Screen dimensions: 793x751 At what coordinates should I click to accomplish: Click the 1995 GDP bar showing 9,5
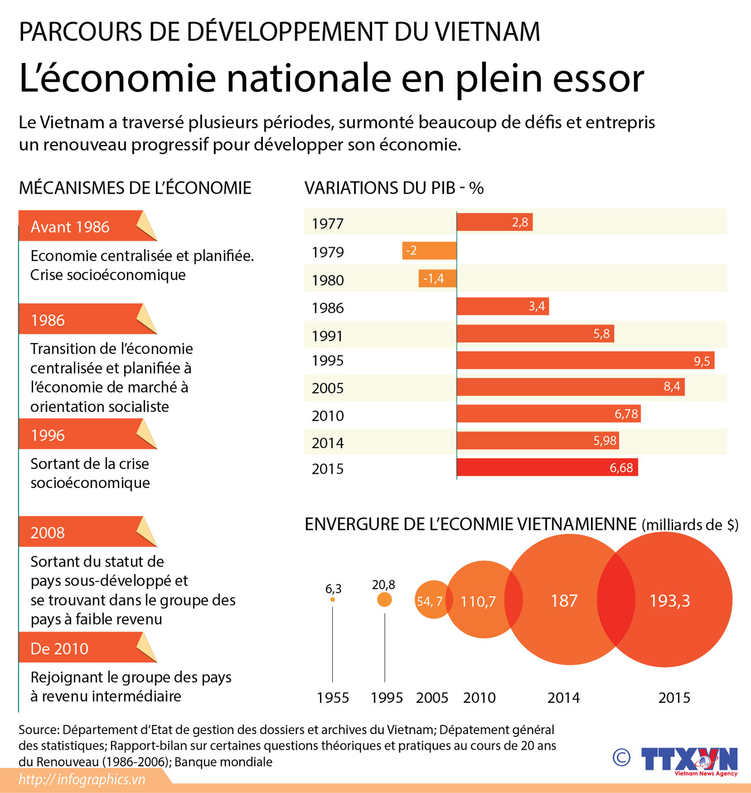tap(585, 360)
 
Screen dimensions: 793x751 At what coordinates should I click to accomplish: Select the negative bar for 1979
tap(429, 251)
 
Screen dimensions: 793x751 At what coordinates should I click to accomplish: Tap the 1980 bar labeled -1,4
tap(437, 278)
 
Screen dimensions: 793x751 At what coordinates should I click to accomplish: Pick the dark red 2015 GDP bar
tap(547, 467)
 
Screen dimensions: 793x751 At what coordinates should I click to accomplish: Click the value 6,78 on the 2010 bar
tap(626, 414)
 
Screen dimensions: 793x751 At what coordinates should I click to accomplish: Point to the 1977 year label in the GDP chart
tap(328, 224)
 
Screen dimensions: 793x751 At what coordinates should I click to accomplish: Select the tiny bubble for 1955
tap(332, 600)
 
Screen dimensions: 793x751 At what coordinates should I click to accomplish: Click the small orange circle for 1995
tap(384, 600)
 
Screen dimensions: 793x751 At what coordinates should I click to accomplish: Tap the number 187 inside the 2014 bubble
tap(564, 601)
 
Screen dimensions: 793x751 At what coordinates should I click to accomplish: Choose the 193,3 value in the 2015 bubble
tap(670, 601)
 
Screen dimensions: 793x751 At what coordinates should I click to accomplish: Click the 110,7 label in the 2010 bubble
tap(478, 602)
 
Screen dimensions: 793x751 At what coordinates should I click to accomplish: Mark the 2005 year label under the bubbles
tap(432, 698)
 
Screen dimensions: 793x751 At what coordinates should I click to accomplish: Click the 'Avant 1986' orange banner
tap(81, 226)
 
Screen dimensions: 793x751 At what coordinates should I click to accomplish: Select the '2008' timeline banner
tap(81, 532)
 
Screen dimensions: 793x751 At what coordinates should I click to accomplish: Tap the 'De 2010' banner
tap(81, 648)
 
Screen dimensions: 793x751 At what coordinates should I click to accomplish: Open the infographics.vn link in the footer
tap(82, 780)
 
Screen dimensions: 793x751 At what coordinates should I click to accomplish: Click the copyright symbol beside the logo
tap(621, 757)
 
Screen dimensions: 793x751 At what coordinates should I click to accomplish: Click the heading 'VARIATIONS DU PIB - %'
tap(394, 188)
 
